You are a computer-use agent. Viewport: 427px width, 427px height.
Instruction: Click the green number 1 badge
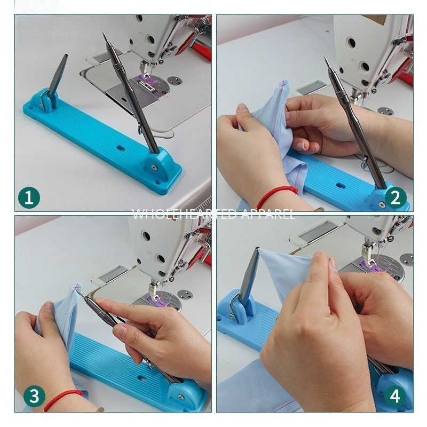[x=29, y=198]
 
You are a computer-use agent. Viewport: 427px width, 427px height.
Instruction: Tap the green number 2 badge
[x=396, y=198]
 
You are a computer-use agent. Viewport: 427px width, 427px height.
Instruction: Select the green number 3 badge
[x=34, y=397]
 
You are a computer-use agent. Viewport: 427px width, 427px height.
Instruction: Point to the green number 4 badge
[x=396, y=397]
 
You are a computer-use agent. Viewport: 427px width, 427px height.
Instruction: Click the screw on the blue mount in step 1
[x=154, y=167]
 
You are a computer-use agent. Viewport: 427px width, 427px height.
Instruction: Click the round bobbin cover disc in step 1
[x=174, y=81]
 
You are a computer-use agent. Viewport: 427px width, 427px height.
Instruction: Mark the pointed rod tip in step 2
[x=325, y=58]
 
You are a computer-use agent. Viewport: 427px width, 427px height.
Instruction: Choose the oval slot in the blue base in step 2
[x=340, y=186]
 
